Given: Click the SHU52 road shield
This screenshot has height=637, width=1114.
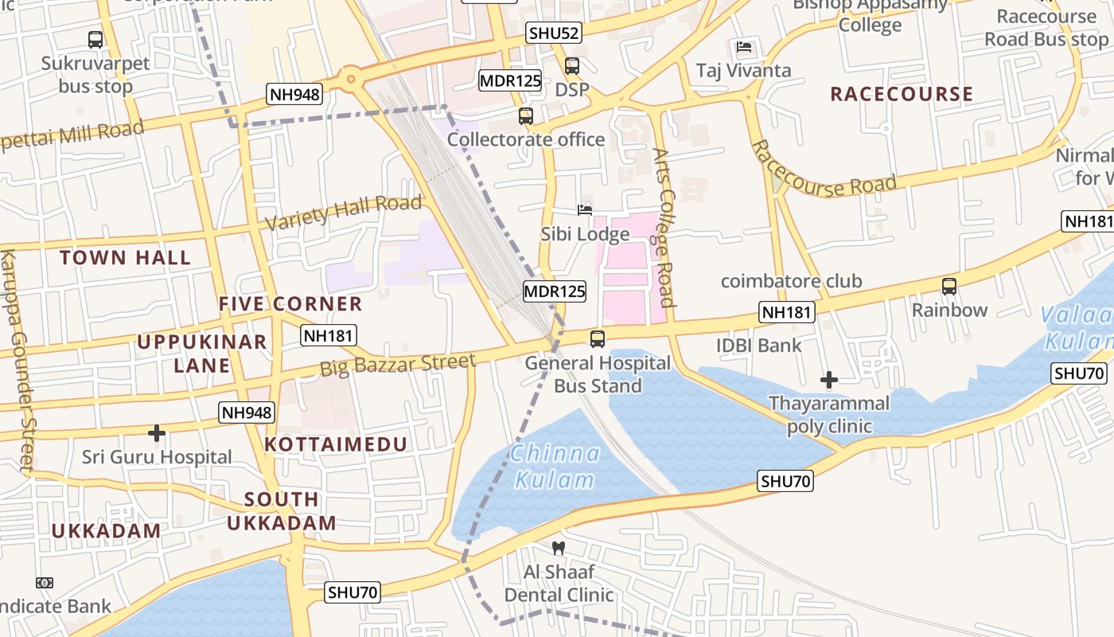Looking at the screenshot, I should coord(554,33).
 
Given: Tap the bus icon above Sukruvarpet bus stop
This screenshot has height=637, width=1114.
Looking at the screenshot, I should coord(95,39).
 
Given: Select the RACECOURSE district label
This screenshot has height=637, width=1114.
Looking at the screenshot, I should coord(902,94).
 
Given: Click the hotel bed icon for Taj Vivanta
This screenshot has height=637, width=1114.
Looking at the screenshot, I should coord(744,47).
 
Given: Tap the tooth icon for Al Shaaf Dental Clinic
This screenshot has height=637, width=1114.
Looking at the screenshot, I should coord(559,548).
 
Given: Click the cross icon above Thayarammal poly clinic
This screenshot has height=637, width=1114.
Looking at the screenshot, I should coord(829,380).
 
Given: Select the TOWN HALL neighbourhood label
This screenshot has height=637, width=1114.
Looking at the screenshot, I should coord(126,257).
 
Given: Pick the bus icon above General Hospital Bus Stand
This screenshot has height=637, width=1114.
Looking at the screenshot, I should coord(598,339).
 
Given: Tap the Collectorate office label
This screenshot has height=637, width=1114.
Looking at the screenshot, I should coord(526,139).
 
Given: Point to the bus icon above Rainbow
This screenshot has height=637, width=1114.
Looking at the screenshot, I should coord(948,287).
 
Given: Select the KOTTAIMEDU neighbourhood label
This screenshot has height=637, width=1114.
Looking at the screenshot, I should coord(336,444).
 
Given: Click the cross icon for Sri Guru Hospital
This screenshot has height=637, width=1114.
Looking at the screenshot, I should coord(157,433).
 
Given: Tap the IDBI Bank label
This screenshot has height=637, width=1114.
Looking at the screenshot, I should coord(758,346).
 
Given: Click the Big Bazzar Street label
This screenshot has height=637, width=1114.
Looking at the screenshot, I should coord(398,365).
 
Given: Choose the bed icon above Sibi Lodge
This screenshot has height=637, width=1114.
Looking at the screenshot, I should coord(585,210).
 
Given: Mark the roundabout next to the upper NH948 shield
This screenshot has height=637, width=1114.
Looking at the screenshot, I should coord(350,78).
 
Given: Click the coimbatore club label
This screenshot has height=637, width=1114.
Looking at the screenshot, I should coord(791,281).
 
